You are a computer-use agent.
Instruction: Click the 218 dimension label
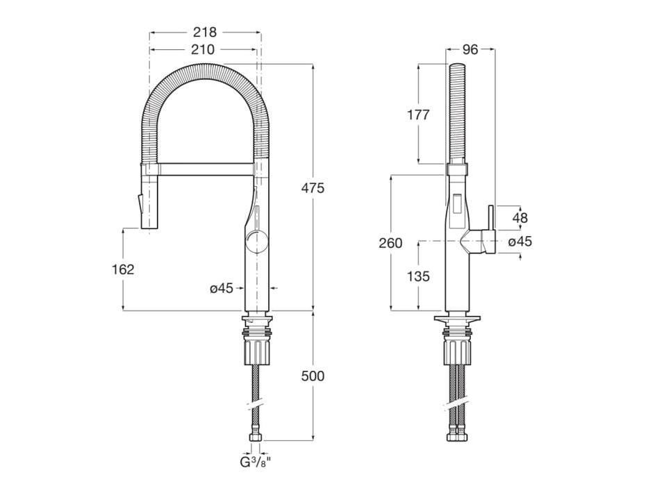click(x=205, y=32)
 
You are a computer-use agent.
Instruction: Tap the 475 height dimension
click(x=313, y=187)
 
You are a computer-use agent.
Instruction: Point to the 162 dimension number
click(x=123, y=269)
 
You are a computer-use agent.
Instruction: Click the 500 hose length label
click(x=313, y=376)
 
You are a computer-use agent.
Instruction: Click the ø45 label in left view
click(x=222, y=288)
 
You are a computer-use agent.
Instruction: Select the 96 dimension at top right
click(x=470, y=49)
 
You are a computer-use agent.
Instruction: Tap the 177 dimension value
click(x=417, y=115)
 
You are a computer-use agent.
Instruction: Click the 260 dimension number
click(x=390, y=243)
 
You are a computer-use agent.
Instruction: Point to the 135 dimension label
click(x=417, y=276)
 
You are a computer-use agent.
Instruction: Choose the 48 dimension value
click(x=520, y=217)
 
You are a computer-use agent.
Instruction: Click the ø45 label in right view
click(x=520, y=242)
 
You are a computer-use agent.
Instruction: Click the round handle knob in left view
click(x=256, y=242)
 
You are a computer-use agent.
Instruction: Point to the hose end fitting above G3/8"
click(x=256, y=437)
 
